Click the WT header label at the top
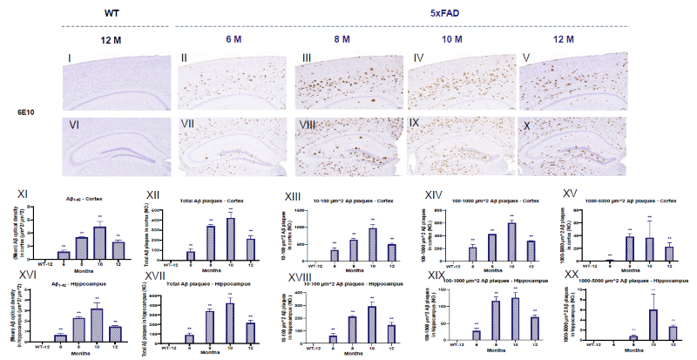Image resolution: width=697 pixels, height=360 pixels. (112, 13)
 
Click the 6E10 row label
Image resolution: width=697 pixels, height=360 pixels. (28, 112)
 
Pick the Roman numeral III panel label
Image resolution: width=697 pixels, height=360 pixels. (307, 58)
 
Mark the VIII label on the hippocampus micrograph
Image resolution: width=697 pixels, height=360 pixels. (308, 126)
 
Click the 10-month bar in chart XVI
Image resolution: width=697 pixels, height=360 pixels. (98, 323)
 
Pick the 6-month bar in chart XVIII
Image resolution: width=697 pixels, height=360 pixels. (332, 337)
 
